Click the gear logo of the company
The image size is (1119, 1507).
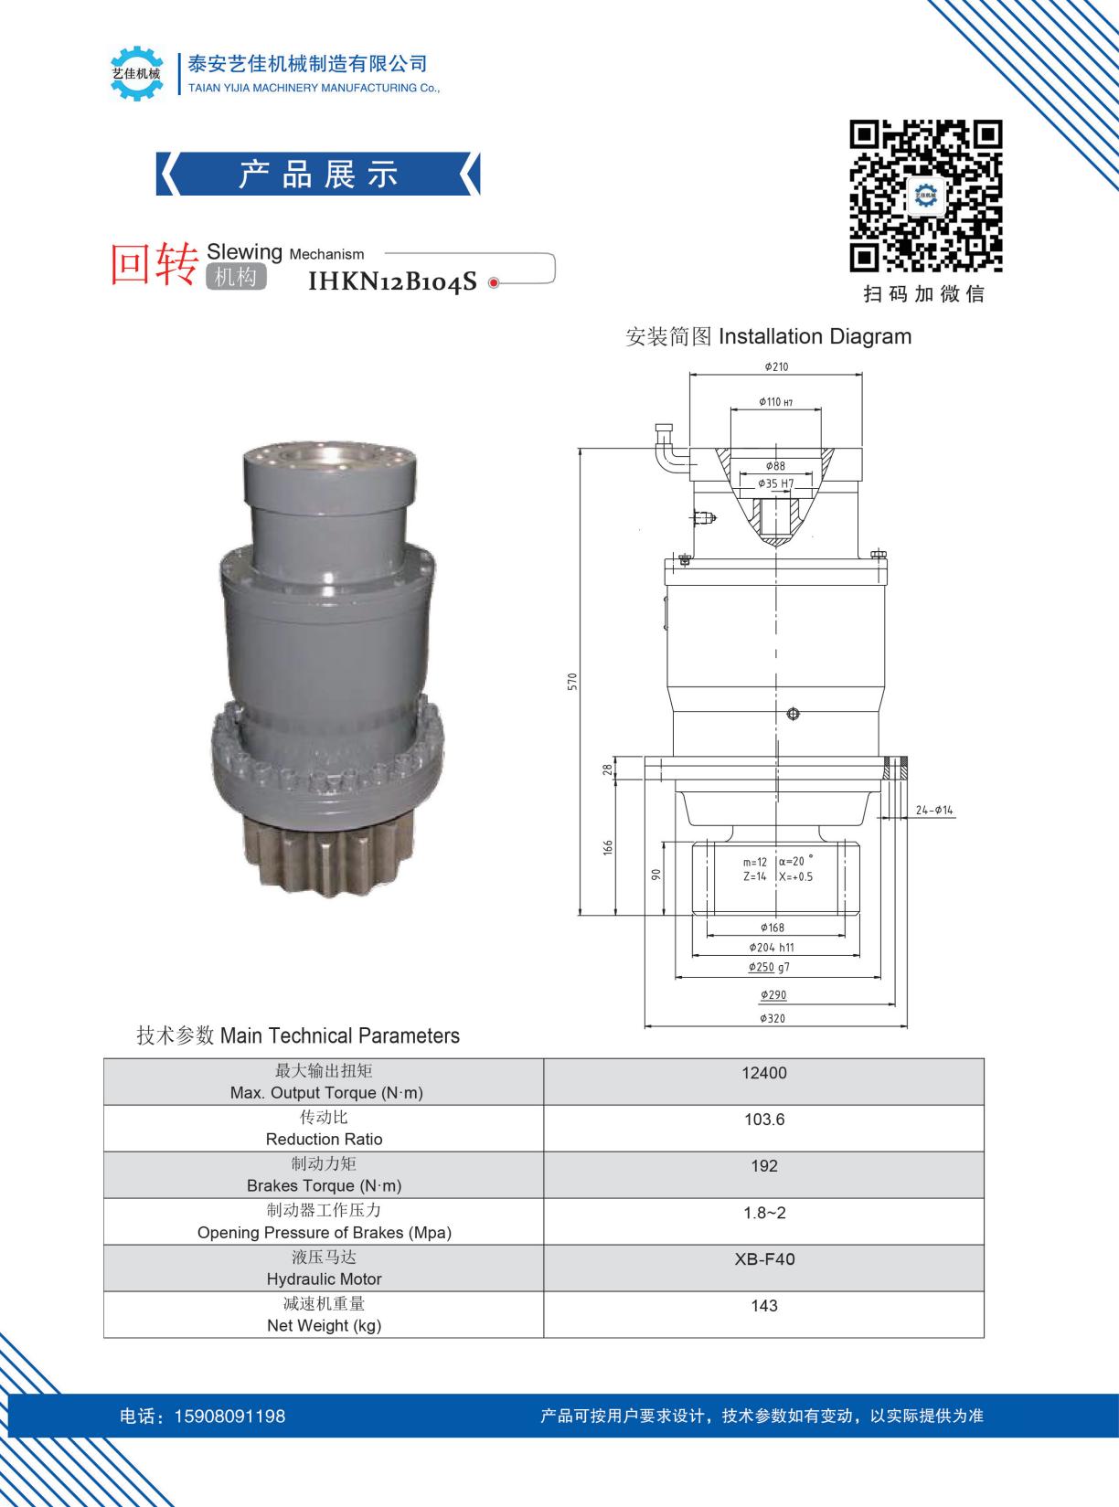click(136, 73)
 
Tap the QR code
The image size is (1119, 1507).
click(925, 196)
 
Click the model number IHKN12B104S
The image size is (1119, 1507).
click(392, 281)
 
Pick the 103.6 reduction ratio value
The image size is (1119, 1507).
click(764, 1119)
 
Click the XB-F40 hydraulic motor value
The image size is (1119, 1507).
click(764, 1259)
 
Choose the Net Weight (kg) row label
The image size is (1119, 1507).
click(324, 1325)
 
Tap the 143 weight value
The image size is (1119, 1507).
click(764, 1305)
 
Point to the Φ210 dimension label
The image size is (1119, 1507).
click(775, 366)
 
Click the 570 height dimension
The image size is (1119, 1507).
click(572, 682)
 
